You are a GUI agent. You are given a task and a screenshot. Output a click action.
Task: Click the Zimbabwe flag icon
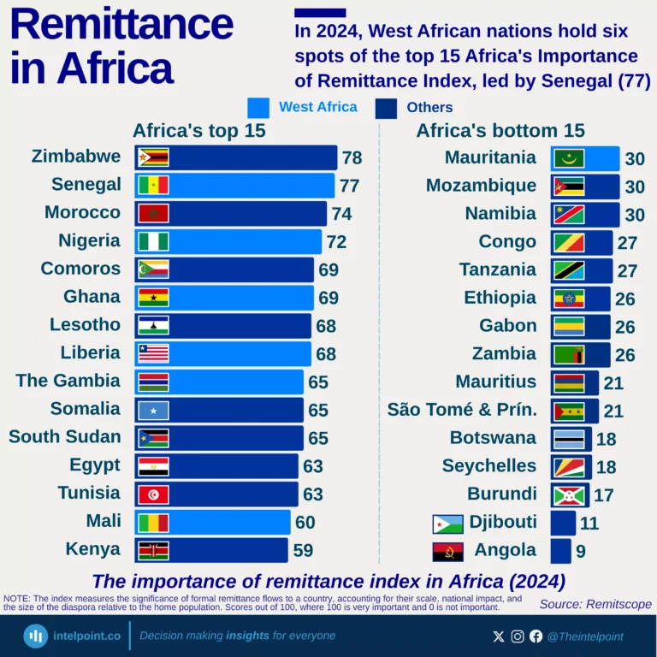point(153,157)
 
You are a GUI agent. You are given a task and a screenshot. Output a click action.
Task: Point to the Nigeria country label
point(89,240)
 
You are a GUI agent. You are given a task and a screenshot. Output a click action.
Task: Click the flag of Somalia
point(153,411)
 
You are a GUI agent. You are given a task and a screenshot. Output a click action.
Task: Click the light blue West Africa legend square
point(258,108)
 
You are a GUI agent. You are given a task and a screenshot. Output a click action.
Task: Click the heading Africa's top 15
point(198,131)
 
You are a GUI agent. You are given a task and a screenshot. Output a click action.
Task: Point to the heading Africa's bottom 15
point(500,131)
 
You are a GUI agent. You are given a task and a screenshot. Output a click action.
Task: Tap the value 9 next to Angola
point(580,551)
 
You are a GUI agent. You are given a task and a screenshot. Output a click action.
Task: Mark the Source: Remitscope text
point(595,604)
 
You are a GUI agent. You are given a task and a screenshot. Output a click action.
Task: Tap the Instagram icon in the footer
point(518,636)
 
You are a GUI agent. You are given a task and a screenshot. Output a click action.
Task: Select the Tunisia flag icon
point(153,494)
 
